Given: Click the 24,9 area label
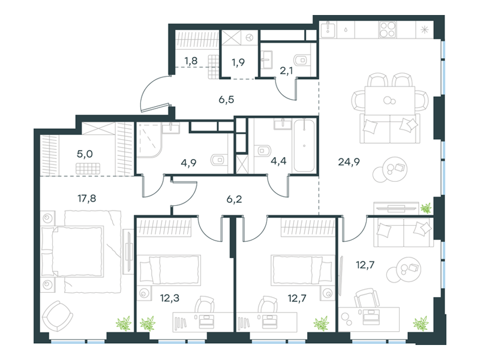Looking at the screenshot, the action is pos(349,161).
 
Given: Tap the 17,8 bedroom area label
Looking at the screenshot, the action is pos(86,199).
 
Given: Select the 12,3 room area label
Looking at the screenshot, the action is pos(170,298).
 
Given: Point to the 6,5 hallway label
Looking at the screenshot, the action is pos(226,100).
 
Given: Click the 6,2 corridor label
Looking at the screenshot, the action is pos(234,199).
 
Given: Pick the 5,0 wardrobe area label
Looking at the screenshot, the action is pos(85,154).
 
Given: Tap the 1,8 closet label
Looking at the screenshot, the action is pos(191,61).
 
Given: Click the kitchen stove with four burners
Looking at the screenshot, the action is pos(388,29).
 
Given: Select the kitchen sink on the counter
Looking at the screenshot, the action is pos(328,29).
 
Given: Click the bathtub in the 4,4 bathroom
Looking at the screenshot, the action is pos(304,146).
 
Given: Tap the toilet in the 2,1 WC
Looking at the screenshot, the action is pos(302,61).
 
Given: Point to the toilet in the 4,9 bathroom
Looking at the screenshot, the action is pos(219,160).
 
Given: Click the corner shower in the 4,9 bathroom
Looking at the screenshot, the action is pos(149,140).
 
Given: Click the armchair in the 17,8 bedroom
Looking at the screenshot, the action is pos(57,316).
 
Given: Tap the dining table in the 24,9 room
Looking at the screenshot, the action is pos(389,100).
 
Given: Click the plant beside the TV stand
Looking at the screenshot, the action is pos(426,208).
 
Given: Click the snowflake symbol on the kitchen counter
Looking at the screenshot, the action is pos(424,29).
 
